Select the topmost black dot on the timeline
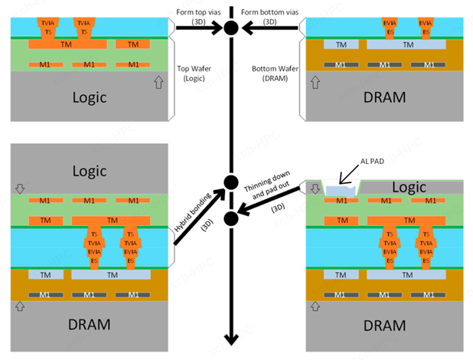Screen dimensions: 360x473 point(230,28)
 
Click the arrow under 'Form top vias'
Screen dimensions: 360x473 point(197,28)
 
